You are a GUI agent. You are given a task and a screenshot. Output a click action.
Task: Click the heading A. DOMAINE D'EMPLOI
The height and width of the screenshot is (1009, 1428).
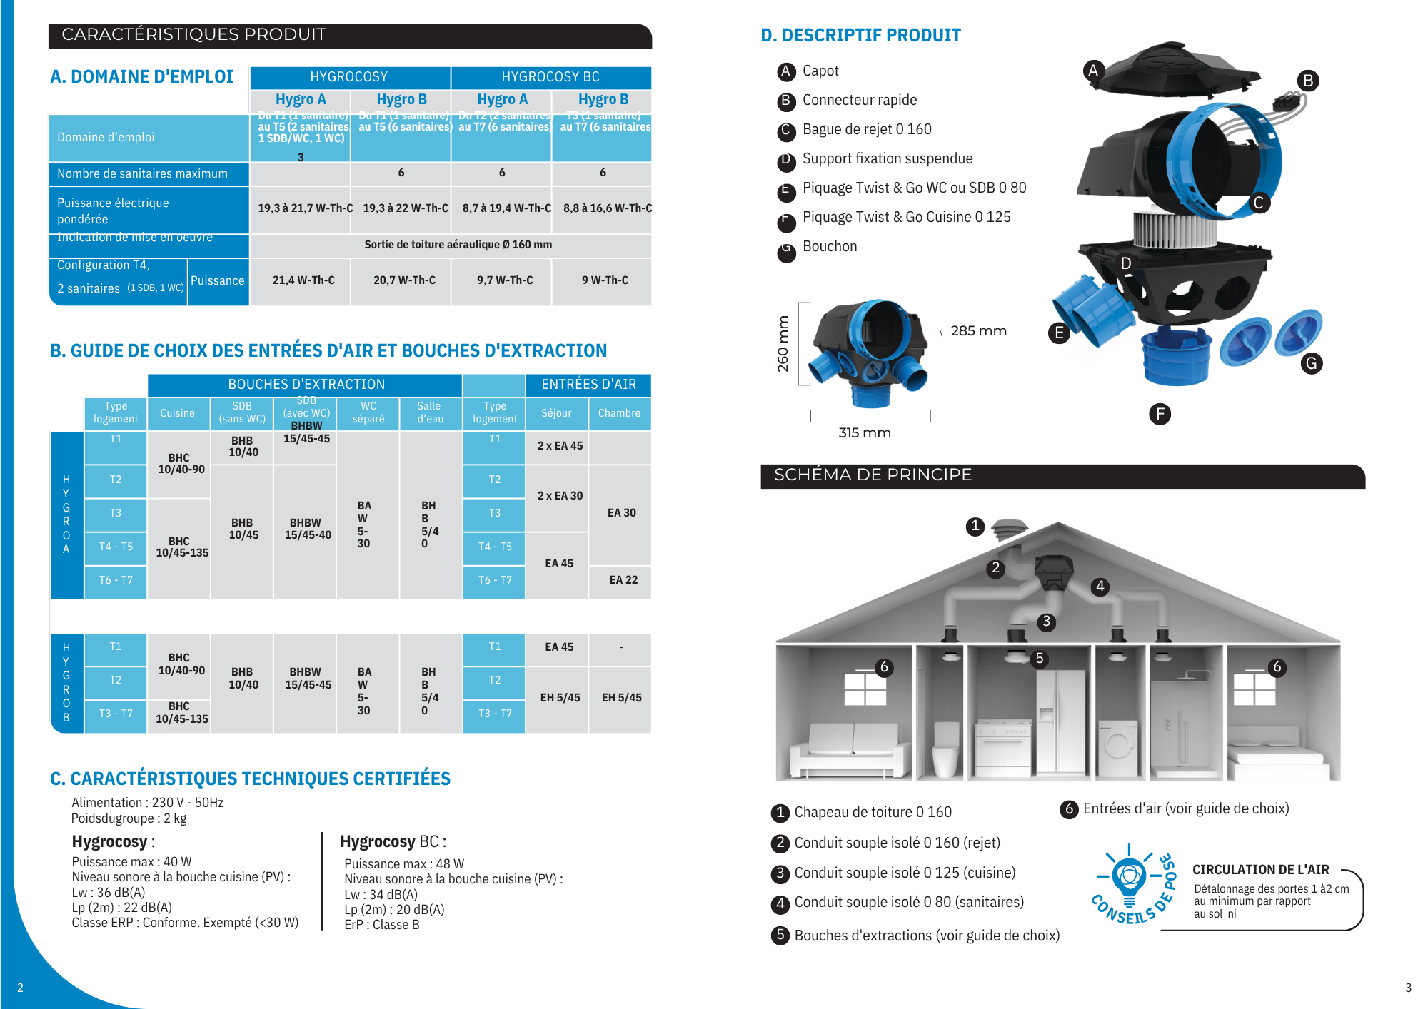point(141,77)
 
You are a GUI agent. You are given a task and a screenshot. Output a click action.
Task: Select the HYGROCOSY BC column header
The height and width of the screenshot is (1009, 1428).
point(550,77)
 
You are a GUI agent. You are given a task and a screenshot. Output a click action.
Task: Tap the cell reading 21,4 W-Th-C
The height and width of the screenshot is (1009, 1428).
point(303,280)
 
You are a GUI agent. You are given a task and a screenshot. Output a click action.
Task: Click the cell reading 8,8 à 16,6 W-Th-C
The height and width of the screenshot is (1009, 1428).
point(607,208)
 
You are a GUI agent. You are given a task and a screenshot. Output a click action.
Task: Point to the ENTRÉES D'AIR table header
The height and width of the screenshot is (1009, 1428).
point(588,385)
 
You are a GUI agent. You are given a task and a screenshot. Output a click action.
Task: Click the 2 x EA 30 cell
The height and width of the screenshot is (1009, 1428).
point(560,496)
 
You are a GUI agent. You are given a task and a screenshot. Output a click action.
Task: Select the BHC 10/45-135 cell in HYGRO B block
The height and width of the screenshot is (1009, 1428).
point(181,712)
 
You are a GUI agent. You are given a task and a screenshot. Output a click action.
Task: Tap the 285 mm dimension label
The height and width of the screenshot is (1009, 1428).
point(978,331)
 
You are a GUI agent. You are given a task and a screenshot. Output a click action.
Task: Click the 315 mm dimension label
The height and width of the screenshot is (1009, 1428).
point(864,433)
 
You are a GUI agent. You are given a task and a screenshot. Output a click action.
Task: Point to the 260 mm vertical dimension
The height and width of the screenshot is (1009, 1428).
point(783,344)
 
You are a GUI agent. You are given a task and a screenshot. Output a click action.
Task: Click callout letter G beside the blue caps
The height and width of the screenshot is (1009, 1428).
point(1311,364)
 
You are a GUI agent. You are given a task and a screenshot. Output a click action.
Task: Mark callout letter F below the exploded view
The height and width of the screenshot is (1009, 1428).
point(1160,414)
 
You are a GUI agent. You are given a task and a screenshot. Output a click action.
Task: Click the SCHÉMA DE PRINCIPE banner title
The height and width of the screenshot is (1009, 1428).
point(873,475)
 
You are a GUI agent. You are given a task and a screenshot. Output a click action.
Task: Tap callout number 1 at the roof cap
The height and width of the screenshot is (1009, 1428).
point(975,527)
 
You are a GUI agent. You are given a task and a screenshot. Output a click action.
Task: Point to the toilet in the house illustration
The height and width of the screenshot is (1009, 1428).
point(946,749)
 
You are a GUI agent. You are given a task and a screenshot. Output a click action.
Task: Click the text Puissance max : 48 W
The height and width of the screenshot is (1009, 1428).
point(404,864)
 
